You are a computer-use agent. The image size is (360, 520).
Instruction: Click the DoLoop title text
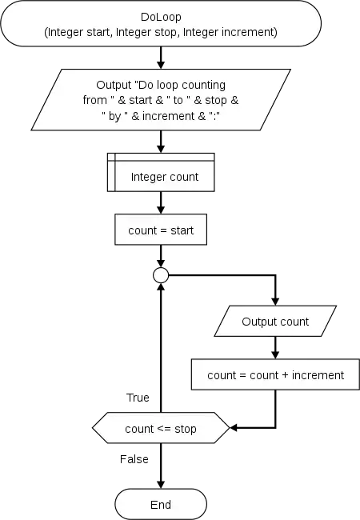161,17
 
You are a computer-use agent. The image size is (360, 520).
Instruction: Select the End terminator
161,504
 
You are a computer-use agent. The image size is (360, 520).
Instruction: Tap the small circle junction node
161,275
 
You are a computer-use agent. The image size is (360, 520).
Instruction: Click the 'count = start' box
161,230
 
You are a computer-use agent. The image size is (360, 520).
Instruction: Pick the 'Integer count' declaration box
161,172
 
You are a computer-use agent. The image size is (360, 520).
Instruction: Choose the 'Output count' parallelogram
275,321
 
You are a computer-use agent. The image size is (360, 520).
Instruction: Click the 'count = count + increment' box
275,374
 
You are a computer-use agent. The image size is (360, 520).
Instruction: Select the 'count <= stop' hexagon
161,428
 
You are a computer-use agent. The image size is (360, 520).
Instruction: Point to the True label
138,398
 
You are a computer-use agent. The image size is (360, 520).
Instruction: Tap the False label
134,459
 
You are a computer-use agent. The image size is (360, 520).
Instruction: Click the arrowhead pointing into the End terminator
161,484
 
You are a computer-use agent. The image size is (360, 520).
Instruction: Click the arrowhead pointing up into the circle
161,287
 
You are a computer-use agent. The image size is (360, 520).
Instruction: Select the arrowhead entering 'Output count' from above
275,302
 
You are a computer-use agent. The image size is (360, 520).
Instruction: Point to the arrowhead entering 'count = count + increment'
275,355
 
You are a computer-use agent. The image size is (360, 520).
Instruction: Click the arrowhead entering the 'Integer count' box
161,149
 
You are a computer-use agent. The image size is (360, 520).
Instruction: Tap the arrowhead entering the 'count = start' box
161,210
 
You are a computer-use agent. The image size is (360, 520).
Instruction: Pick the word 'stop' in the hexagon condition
186,429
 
